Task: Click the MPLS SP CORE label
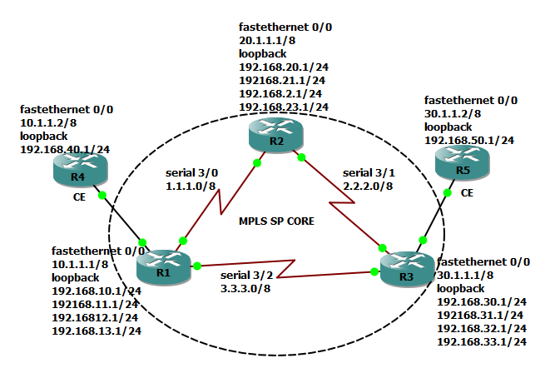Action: click(x=270, y=224)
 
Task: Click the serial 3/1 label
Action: click(x=369, y=172)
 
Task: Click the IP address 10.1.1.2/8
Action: click(x=47, y=122)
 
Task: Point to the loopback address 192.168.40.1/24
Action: click(x=65, y=149)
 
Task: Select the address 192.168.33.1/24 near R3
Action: click(x=480, y=341)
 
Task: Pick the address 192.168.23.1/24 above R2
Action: click(x=283, y=107)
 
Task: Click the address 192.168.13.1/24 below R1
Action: click(x=97, y=330)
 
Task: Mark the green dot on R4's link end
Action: click(x=103, y=196)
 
